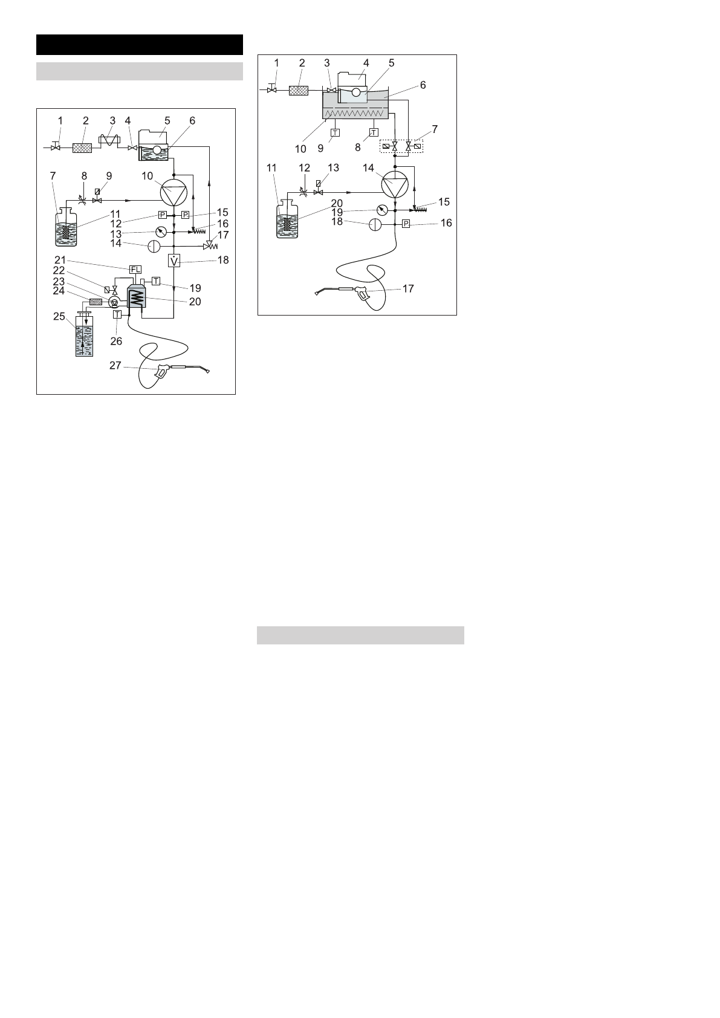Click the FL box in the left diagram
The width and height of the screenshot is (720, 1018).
[135, 269]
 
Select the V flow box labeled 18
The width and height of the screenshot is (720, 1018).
[174, 261]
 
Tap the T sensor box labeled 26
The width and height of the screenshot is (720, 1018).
[118, 314]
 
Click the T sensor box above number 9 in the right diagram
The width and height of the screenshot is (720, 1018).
[336, 132]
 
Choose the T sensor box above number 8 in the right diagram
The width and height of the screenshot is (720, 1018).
[374, 132]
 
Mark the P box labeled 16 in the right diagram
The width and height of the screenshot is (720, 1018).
[406, 224]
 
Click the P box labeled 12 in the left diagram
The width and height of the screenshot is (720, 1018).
[162, 215]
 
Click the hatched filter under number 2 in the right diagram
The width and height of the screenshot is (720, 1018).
[299, 91]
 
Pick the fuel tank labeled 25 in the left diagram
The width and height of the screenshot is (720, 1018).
[84, 339]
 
